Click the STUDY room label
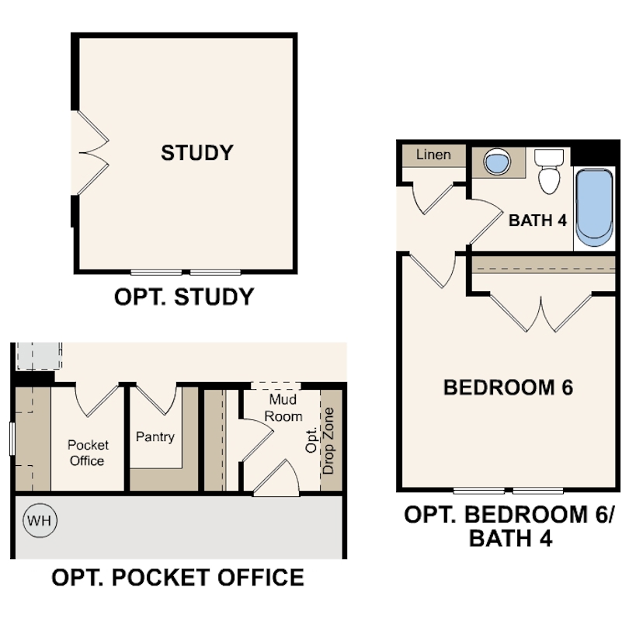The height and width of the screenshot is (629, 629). coord(196,153)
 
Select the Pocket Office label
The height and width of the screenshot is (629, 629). coord(87,453)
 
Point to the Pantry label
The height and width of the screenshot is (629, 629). coord(155,436)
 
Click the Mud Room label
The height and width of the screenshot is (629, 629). coord(283,408)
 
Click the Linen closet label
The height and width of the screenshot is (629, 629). coord(433,155)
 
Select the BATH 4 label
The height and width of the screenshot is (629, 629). coord(537,221)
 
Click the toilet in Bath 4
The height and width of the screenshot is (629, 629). coord(549,172)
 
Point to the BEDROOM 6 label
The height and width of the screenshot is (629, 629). coord(508,387)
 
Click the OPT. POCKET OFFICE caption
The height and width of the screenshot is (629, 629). coord(177,578)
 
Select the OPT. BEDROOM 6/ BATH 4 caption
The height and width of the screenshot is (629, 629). coord(509,526)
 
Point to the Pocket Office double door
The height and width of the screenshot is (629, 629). coord(96,399)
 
